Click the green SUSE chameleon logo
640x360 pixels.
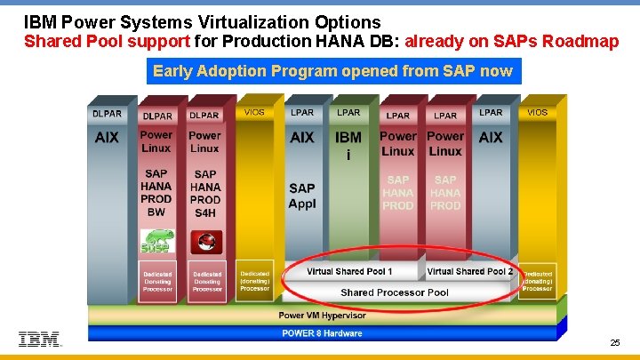tap(156, 241)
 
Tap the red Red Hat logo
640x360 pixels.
tap(205, 241)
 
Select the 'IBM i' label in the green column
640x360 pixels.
tap(348, 144)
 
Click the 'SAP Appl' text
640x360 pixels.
tap(302, 195)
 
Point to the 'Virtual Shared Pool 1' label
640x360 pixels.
tap(349, 271)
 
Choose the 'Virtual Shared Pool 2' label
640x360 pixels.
tap(470, 271)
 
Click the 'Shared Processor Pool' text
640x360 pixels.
tap(395, 292)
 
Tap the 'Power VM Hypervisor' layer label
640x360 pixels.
tap(322, 316)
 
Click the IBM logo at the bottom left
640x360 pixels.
tap(40, 340)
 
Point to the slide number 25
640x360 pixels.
tap(615, 342)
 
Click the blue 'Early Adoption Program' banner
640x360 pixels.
tap(332, 71)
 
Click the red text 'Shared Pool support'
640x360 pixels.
tap(107, 41)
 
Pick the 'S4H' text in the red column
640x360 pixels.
tap(205, 212)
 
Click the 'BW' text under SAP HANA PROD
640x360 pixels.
tap(156, 212)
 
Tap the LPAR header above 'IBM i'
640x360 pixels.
tap(348, 113)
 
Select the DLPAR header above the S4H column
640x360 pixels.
tap(204, 115)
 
